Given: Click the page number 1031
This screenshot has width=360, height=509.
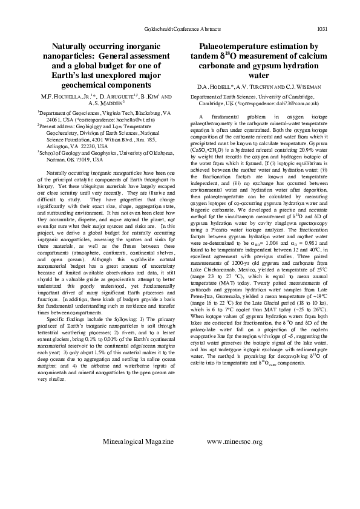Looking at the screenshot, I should [322, 29].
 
